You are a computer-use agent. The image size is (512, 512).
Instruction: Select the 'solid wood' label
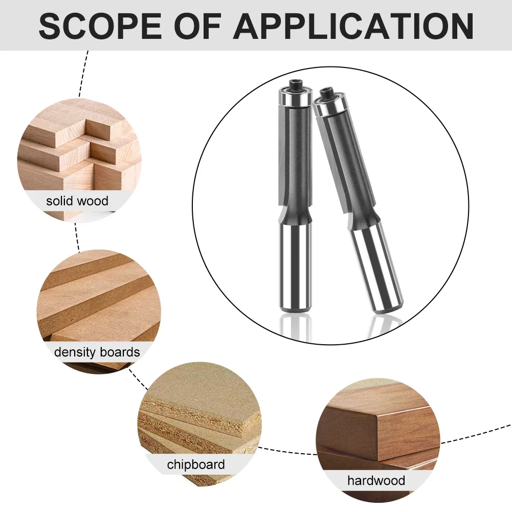(77, 201)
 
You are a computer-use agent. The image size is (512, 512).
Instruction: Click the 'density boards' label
(97, 352)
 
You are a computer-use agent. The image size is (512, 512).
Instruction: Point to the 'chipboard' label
(196, 464)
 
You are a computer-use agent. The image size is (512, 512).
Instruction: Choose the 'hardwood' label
(376, 480)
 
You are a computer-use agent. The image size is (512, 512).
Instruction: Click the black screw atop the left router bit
(296, 85)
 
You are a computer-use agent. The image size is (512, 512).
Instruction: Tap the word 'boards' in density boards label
(120, 352)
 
